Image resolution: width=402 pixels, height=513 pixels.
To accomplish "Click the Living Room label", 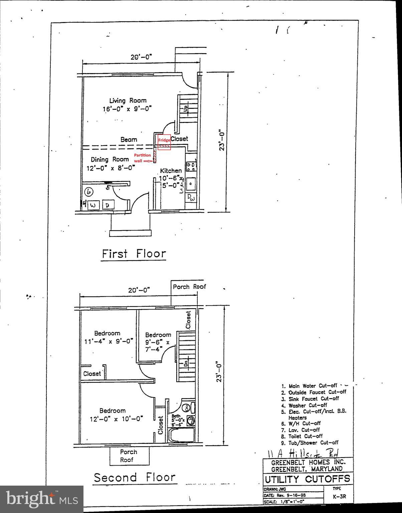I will [128, 101].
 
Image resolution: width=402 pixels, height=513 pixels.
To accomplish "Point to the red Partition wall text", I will [142, 158].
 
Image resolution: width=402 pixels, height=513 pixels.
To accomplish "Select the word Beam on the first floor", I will [129, 140].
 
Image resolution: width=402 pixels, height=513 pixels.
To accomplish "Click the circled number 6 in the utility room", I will [89, 192].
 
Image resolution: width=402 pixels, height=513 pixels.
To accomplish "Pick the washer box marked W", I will [93, 205].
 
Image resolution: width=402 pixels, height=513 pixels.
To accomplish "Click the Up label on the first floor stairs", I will [186, 109].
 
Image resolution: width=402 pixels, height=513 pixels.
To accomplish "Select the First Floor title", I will [134, 254].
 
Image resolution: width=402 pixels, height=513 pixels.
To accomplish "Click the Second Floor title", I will [134, 477].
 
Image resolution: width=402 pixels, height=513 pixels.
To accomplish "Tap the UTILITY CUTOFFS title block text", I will [307, 479].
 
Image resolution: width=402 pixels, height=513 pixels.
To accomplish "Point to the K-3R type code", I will [339, 496].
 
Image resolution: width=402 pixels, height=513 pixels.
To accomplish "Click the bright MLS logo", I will [42, 499].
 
